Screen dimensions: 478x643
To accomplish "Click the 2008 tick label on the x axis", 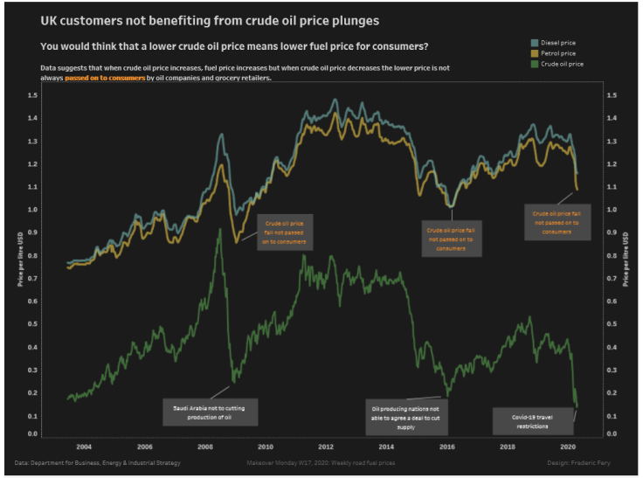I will (205, 445).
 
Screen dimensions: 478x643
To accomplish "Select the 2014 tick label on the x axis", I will (386, 445).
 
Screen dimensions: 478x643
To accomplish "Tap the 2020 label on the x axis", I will (567, 445).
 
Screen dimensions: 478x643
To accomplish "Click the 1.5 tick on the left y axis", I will (32, 95).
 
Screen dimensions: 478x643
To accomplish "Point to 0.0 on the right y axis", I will (612, 433).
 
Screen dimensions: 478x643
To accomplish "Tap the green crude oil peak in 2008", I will (219, 231).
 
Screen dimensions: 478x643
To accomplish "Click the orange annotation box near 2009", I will (285, 232).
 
